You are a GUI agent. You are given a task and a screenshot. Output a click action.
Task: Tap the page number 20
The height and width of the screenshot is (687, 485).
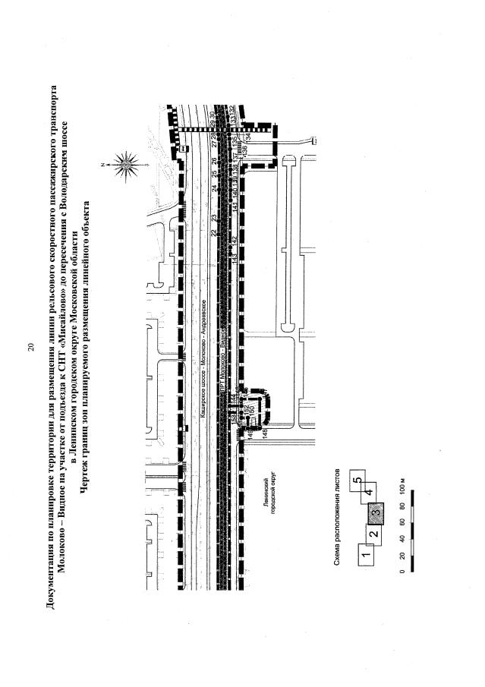30,347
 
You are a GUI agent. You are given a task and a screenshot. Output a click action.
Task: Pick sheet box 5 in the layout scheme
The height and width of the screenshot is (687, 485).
357,481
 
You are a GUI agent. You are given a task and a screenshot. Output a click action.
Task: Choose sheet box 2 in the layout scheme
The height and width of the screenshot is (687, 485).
373,534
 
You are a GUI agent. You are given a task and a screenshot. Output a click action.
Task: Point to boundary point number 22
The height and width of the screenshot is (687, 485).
214,232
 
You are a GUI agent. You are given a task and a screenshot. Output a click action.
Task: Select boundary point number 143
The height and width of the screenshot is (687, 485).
235,257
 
